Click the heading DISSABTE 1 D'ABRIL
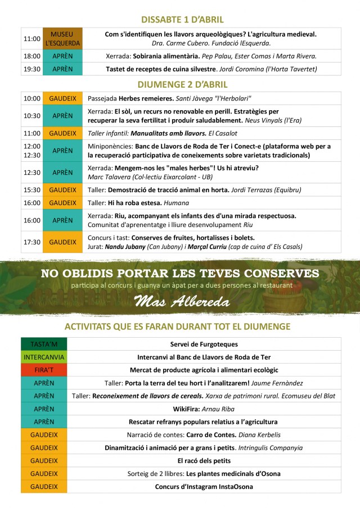tap(182, 20)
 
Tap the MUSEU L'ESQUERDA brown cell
tap(62, 39)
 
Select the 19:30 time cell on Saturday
tap(31, 69)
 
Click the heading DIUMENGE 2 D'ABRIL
tap(182, 85)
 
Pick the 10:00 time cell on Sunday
tap(31, 98)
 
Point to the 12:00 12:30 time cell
tap(31, 151)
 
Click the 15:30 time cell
tap(31, 190)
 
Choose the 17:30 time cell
tap(31, 242)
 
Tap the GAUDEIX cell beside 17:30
tap(62, 242)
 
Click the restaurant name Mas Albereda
tap(182, 302)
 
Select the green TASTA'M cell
tap(43, 344)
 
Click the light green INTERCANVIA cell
tap(43, 357)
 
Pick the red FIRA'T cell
tap(43, 370)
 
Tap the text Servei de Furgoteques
tap(204, 344)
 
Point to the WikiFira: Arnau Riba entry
tap(204, 409)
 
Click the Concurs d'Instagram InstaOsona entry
tap(204, 487)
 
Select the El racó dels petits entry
tap(204, 461)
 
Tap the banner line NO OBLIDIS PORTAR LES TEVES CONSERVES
tap(180, 274)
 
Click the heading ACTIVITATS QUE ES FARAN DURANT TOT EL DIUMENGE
tap(177, 326)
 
